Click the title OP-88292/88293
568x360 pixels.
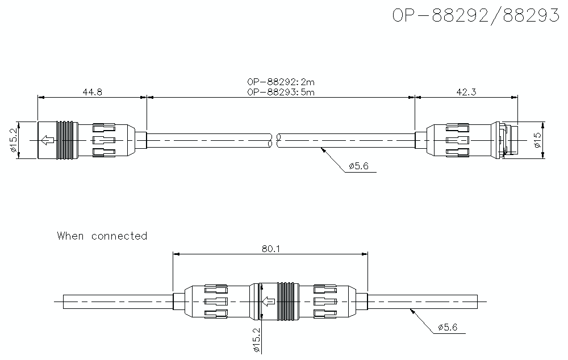click(x=475, y=15)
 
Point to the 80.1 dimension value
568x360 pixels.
click(x=270, y=248)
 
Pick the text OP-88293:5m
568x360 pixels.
click(x=281, y=92)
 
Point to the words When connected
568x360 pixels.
click(x=102, y=236)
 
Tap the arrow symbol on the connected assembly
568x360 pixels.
click(x=269, y=301)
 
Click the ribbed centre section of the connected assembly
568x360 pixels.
click(x=287, y=301)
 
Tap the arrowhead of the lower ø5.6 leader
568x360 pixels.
click(x=411, y=311)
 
